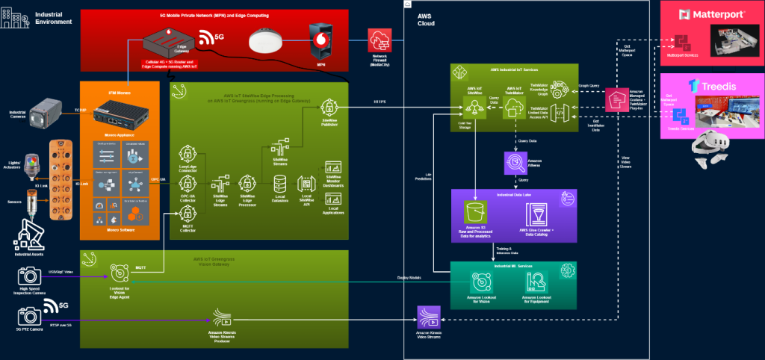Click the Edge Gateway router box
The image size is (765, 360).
pyautogui.click(x=170, y=40)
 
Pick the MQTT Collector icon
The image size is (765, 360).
pyautogui.click(x=188, y=214)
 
